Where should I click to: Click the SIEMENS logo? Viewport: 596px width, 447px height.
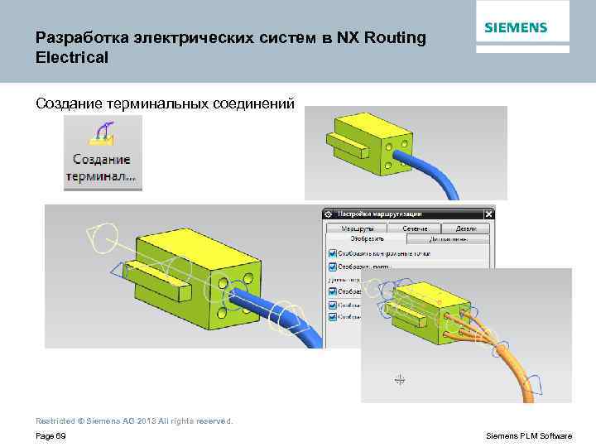(x=515, y=27)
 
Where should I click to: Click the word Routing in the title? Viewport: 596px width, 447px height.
(x=394, y=38)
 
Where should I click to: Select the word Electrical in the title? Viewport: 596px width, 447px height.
(x=72, y=58)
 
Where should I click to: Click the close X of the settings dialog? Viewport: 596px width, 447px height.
(x=488, y=214)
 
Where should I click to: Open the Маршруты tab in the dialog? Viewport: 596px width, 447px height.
(x=357, y=228)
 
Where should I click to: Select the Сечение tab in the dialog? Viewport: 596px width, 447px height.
(x=415, y=228)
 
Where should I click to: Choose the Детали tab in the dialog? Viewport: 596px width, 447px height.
(x=466, y=228)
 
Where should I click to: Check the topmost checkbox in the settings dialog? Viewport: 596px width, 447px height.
(x=332, y=253)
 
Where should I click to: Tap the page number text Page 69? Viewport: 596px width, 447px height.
(x=50, y=435)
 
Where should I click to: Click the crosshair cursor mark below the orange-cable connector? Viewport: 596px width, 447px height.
(x=400, y=379)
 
